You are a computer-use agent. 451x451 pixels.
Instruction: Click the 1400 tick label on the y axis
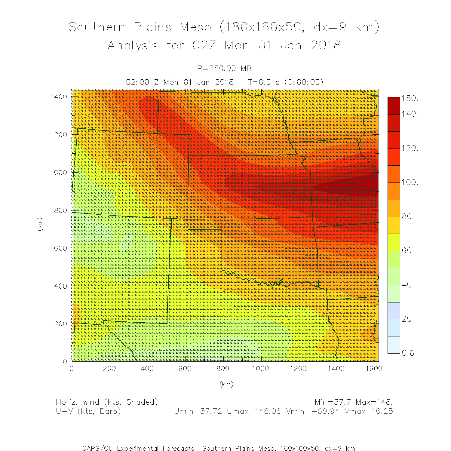59,97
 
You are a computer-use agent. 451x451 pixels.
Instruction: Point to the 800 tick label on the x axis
223,369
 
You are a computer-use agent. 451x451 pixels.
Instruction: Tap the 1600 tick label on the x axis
374,369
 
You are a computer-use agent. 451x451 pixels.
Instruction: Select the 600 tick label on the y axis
61,248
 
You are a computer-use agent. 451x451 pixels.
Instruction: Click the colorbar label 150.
410,98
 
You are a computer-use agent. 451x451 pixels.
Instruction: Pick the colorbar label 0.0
408,353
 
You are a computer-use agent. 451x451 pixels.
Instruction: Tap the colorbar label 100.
410,182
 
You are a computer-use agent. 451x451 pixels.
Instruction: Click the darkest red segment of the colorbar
394,106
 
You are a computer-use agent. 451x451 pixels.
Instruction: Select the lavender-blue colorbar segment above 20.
394,311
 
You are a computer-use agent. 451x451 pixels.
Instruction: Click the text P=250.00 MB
224,69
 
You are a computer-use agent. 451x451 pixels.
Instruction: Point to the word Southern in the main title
97,27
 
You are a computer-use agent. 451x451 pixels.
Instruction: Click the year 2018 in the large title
326,46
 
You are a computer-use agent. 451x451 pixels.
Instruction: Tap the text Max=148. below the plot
374,402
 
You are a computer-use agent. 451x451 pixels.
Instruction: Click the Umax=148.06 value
253,411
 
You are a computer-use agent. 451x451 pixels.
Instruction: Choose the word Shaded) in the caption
142,402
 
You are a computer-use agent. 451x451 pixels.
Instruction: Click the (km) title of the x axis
226,384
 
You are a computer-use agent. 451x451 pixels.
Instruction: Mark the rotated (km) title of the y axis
39,224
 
